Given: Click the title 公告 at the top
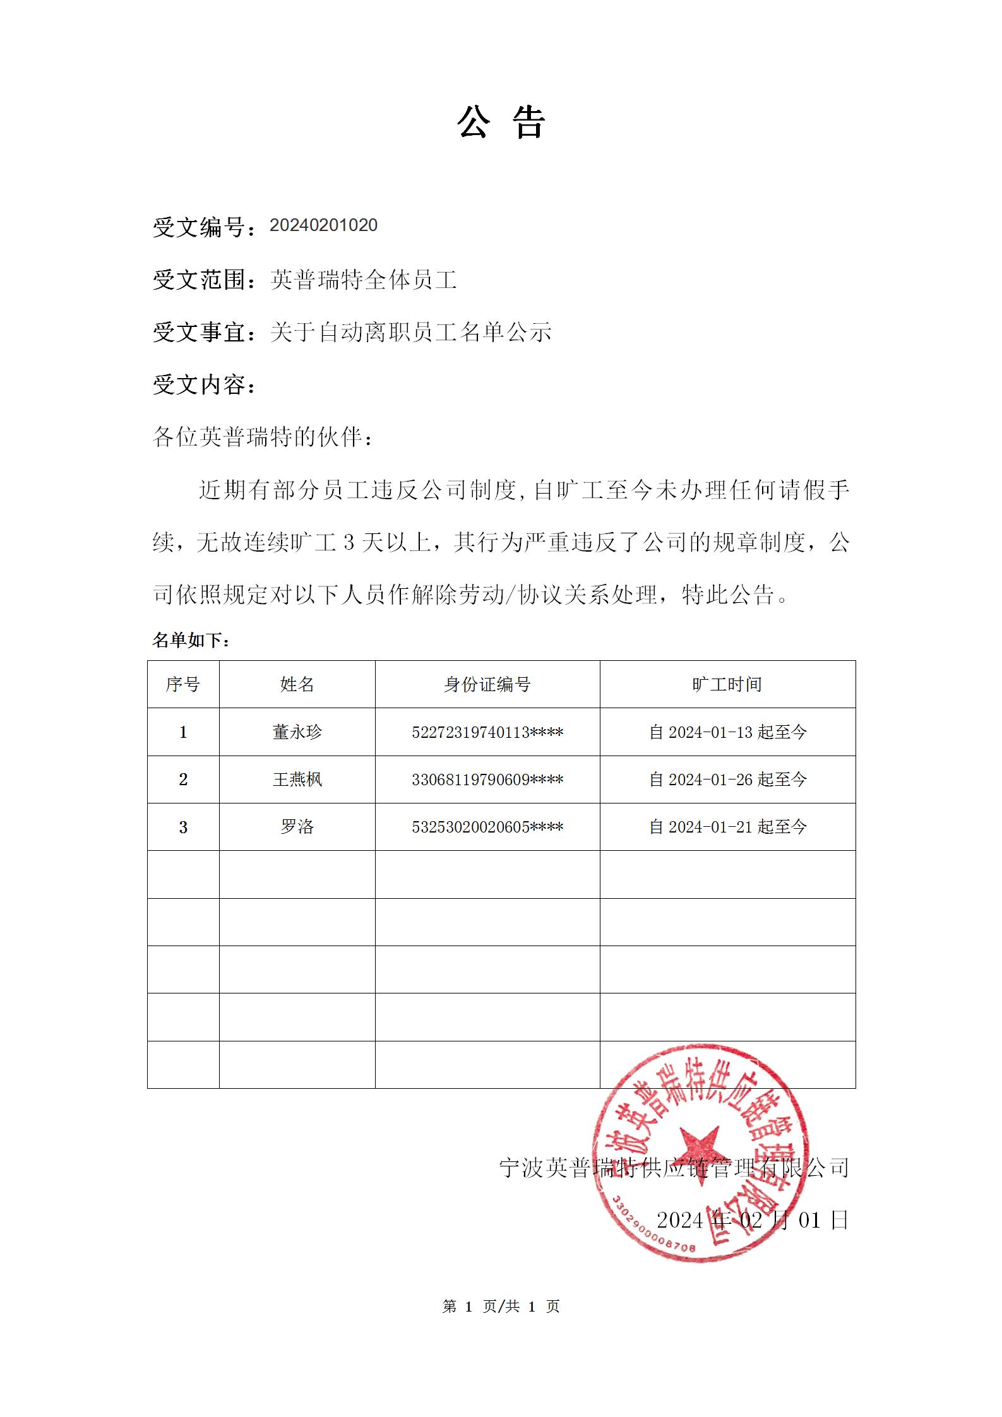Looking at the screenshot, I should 501,122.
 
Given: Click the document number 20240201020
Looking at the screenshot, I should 323,225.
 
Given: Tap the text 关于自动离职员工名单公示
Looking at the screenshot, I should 410,332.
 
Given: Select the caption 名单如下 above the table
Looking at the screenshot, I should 191,641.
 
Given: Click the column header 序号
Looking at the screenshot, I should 183,684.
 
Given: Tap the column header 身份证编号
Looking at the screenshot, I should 487,684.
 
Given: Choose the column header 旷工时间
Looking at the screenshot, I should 727,684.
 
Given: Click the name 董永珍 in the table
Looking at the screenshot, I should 297,732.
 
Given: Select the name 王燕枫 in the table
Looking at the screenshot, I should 297,780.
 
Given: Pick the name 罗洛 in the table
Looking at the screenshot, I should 297,827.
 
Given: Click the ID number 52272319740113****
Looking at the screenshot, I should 487,732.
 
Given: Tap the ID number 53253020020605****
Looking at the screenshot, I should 487,827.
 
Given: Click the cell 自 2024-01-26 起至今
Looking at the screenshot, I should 728,780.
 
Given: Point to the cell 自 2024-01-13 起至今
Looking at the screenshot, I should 728,732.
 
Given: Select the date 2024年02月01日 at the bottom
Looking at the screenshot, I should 753,1220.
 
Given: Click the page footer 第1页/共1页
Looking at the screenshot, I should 501,1307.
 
